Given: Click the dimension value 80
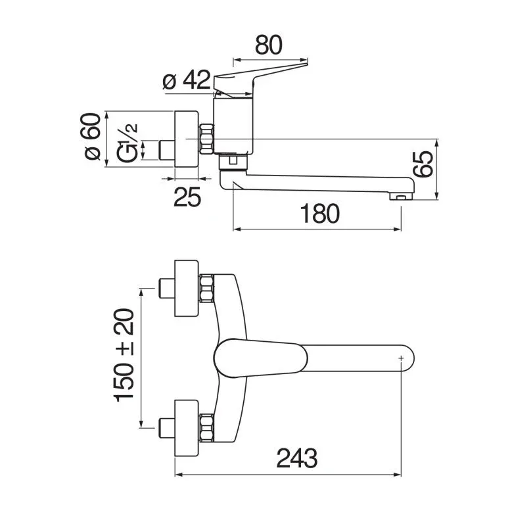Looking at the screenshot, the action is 269,45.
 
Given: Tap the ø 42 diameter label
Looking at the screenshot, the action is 187,80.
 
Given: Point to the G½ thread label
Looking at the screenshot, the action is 127,143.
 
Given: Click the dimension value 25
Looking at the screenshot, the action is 187,197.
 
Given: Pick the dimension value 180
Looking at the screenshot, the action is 320,214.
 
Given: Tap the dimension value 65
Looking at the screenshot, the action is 423,164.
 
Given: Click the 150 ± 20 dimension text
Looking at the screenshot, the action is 124,355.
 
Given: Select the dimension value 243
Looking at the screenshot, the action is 297,458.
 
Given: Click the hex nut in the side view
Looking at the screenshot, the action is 206,139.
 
